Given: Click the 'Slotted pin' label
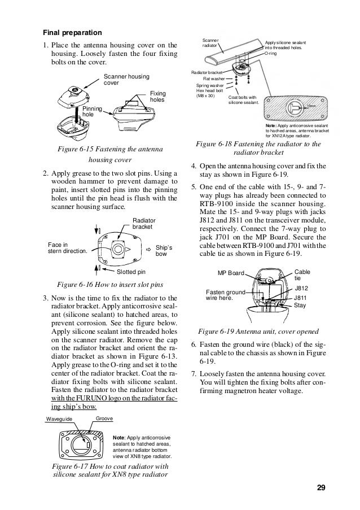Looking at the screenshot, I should coord(130,272).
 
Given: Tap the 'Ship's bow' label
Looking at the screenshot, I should coord(163,251).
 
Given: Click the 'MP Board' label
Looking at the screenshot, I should coord(231,273).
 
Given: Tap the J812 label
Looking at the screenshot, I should coord(301,288).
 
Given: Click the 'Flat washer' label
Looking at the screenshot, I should coord(213,79).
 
